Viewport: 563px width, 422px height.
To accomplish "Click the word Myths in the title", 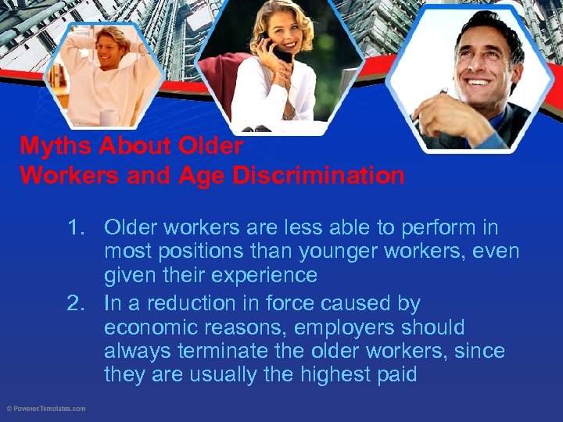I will pyautogui.click(x=51, y=146).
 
